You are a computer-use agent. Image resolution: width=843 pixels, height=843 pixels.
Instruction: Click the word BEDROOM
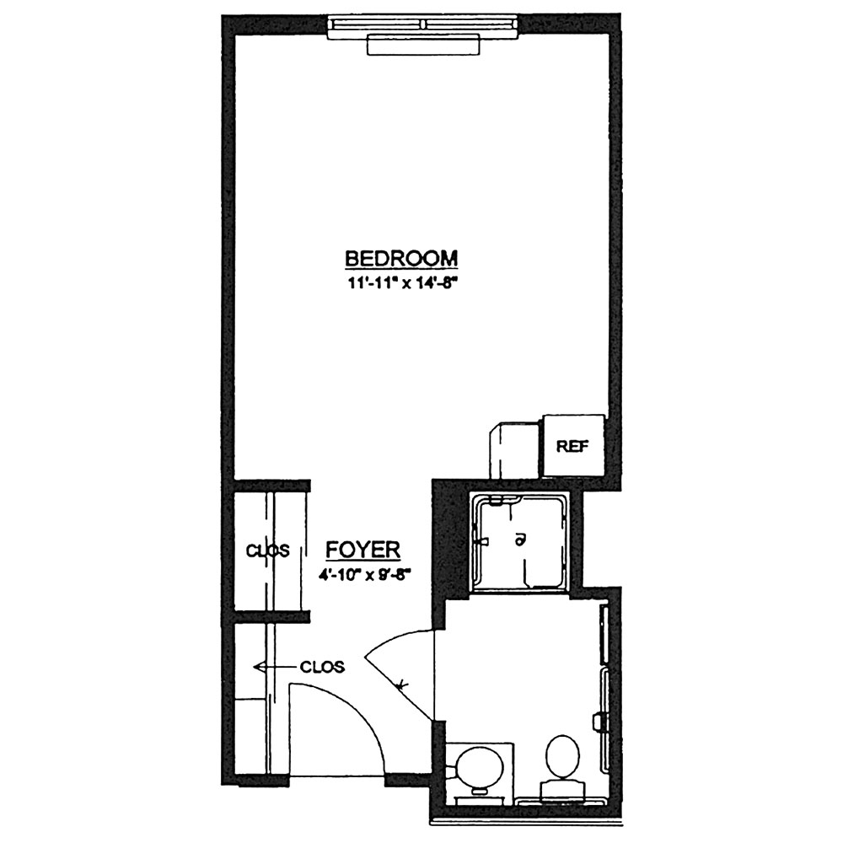[x=401, y=258]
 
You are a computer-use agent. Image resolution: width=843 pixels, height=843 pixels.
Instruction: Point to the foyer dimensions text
[x=364, y=575]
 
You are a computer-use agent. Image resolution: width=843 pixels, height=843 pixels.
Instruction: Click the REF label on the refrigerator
[x=572, y=446]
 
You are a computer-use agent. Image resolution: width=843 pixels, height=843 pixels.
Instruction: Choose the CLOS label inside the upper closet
[x=268, y=550]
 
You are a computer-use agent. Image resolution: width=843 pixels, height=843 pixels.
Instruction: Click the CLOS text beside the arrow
[x=322, y=667]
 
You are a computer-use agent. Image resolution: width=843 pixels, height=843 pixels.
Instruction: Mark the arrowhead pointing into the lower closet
[x=259, y=667]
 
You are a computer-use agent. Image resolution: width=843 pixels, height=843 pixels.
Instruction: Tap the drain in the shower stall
[x=519, y=540]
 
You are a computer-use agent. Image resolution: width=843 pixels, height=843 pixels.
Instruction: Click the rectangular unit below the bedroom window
[x=422, y=45]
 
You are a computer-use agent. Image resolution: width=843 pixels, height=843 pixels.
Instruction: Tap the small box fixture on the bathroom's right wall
[x=596, y=721]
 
